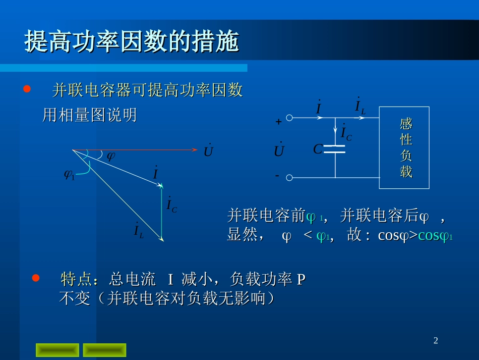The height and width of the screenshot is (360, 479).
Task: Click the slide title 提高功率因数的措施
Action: [132, 43]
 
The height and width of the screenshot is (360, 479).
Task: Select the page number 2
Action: [436, 341]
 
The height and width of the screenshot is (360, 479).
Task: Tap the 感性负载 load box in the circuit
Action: [404, 147]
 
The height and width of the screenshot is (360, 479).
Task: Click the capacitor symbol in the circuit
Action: [335, 148]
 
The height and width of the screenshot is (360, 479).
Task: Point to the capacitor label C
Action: [318, 149]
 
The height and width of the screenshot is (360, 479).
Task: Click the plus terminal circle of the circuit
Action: [289, 118]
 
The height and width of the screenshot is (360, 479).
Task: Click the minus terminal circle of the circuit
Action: [289, 178]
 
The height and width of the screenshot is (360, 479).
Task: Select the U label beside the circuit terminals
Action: [279, 150]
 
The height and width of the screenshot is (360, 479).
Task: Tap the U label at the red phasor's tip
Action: [208, 150]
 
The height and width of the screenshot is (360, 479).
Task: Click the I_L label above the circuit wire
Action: [360, 106]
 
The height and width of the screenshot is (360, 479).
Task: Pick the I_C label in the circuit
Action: [346, 133]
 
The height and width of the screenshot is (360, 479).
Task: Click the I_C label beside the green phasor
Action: [172, 205]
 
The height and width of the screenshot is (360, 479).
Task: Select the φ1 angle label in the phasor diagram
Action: [69, 175]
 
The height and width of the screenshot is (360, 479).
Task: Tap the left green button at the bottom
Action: [57, 350]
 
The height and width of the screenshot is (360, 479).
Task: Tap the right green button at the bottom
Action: [104, 350]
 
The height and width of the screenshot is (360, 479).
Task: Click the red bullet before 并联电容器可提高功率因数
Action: [27, 89]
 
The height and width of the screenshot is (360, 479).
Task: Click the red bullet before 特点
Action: [36, 278]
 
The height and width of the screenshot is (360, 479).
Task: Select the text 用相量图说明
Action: [89, 116]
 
